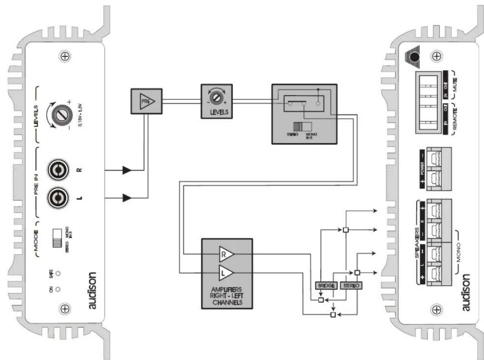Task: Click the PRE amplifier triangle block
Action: coord(147,101)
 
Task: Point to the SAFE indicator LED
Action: coord(58,273)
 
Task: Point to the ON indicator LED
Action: coord(58,289)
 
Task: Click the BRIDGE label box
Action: coord(326,285)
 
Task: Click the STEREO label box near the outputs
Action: coord(351,285)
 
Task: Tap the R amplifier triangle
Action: coord(225,254)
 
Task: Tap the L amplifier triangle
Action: coord(225,273)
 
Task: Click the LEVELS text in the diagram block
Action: coord(219,112)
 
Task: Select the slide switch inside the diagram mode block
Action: coord(302,127)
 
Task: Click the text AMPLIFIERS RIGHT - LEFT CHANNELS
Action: coord(227,296)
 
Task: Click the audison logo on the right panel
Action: coord(465,293)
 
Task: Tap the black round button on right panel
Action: coord(414,57)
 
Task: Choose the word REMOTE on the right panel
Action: coord(455,118)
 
